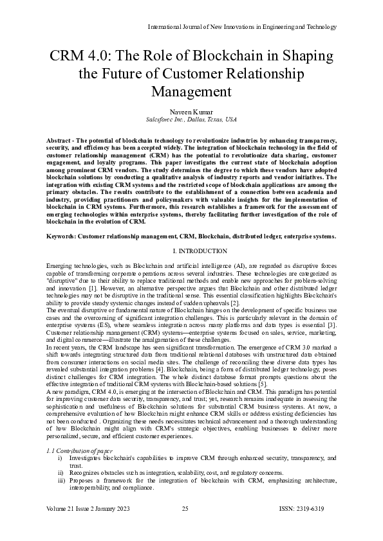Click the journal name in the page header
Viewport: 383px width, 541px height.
pyautogui.click(x=242, y=26)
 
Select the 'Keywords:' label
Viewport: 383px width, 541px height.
pyautogui.click(x=62, y=236)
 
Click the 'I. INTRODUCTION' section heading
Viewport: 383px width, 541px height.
pyautogui.click(x=191, y=251)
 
